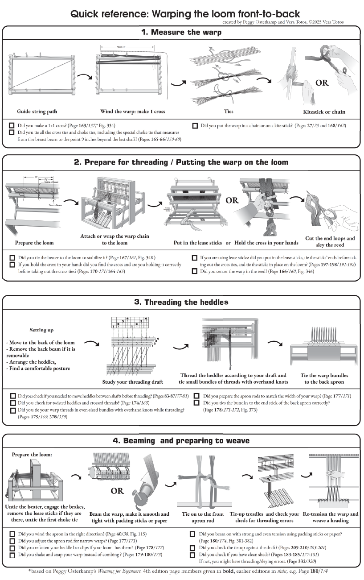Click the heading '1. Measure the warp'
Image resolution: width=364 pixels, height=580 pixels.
click(181, 32)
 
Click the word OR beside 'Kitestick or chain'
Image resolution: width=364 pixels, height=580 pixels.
click(322, 83)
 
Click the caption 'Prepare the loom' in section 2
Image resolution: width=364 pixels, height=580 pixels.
click(34, 243)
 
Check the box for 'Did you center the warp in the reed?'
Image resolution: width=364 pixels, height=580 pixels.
click(195, 271)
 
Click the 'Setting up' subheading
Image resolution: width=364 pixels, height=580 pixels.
click(41, 330)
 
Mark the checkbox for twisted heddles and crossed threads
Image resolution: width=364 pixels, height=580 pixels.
click(13, 403)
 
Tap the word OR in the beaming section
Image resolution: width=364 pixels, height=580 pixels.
click(117, 491)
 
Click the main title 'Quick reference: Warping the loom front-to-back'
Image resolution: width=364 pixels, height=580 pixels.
click(185, 14)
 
